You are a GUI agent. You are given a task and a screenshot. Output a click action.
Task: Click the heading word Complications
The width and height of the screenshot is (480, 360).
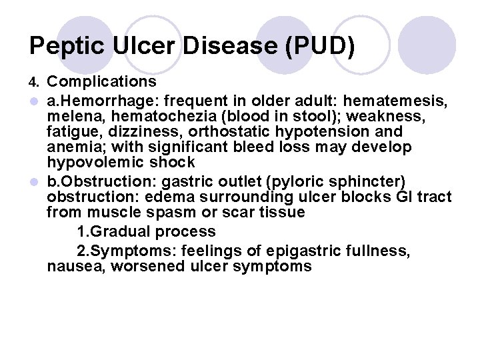(101, 82)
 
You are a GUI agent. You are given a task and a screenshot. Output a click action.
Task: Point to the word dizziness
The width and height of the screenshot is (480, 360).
(126, 132)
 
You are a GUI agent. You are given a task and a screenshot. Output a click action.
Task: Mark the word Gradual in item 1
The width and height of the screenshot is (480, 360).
(122, 232)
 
